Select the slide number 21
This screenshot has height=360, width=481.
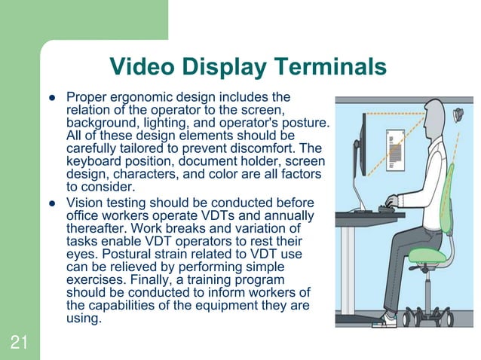(x=19, y=343)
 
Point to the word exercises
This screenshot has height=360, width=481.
(x=95, y=280)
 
